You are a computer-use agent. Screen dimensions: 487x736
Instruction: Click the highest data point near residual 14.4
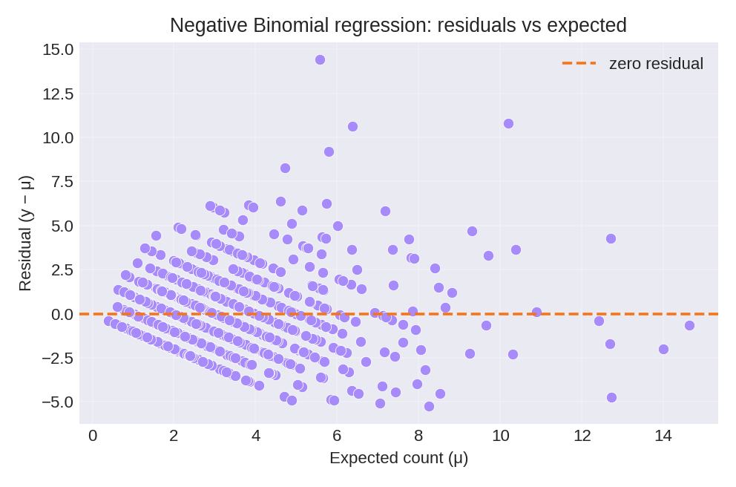click(320, 59)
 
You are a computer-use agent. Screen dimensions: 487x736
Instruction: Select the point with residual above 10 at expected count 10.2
click(508, 123)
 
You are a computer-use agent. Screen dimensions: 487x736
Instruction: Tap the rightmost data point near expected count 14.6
click(689, 325)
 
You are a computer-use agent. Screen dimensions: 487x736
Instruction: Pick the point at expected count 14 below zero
click(663, 349)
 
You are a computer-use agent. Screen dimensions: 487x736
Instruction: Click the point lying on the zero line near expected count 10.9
click(536, 312)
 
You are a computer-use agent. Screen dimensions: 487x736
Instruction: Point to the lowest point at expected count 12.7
click(611, 397)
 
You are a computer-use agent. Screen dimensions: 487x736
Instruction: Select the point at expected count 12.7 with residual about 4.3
click(611, 238)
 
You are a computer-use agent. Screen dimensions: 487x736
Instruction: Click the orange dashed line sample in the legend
click(579, 63)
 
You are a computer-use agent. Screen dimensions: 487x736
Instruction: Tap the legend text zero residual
click(656, 64)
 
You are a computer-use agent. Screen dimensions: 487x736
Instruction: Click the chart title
click(398, 25)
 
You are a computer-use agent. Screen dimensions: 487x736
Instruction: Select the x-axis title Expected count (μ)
click(398, 457)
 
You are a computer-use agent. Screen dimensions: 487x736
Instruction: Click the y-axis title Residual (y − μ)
click(24, 233)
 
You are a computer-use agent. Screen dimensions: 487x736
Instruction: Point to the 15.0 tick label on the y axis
click(58, 50)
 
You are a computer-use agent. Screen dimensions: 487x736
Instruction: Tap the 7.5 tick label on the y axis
click(62, 182)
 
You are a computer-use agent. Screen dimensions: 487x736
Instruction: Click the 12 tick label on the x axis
click(582, 436)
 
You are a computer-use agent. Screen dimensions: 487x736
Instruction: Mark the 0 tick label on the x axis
click(93, 436)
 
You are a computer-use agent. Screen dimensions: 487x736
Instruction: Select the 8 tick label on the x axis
click(418, 436)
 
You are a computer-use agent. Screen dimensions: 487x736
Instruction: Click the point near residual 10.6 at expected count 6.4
click(352, 126)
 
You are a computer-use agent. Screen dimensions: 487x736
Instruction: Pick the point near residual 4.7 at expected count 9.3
click(472, 231)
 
